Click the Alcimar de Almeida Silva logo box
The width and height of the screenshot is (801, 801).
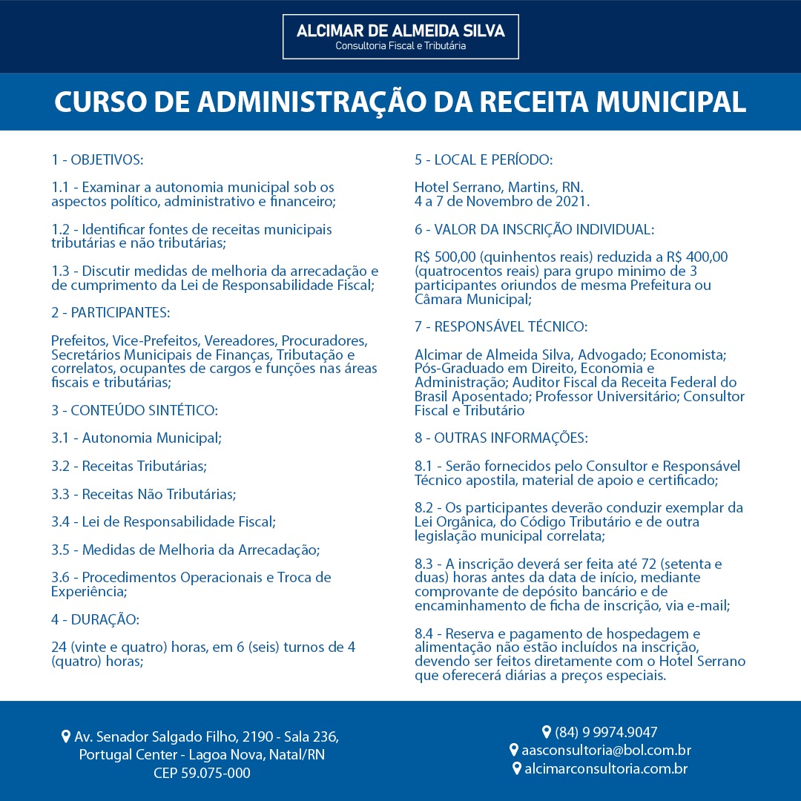pos(400,36)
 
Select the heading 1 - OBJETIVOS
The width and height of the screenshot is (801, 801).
pos(97,159)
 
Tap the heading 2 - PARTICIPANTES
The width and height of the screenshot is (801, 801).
pos(111,313)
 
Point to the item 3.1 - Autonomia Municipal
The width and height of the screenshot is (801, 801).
pos(136,438)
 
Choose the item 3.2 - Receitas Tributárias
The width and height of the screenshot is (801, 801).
pos(129,466)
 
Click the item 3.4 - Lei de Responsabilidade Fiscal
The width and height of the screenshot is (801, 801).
pos(163,521)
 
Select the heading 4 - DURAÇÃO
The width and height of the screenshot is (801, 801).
pos(95,619)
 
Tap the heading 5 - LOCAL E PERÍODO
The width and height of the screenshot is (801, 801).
pos(484,159)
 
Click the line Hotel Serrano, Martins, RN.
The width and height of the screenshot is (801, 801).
pos(498,187)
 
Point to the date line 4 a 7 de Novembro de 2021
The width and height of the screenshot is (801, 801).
pos(502,201)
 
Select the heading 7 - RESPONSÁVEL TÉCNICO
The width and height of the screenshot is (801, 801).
pos(501,327)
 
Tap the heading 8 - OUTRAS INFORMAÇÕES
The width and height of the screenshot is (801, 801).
pos(501,438)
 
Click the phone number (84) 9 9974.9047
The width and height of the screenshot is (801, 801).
pos(606,733)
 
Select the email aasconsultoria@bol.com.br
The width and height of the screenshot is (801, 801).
pos(606,751)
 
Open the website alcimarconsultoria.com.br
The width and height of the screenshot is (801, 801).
pos(606,768)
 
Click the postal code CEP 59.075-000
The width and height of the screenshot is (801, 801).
pos(202,774)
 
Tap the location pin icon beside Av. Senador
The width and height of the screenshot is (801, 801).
pos(66,737)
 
